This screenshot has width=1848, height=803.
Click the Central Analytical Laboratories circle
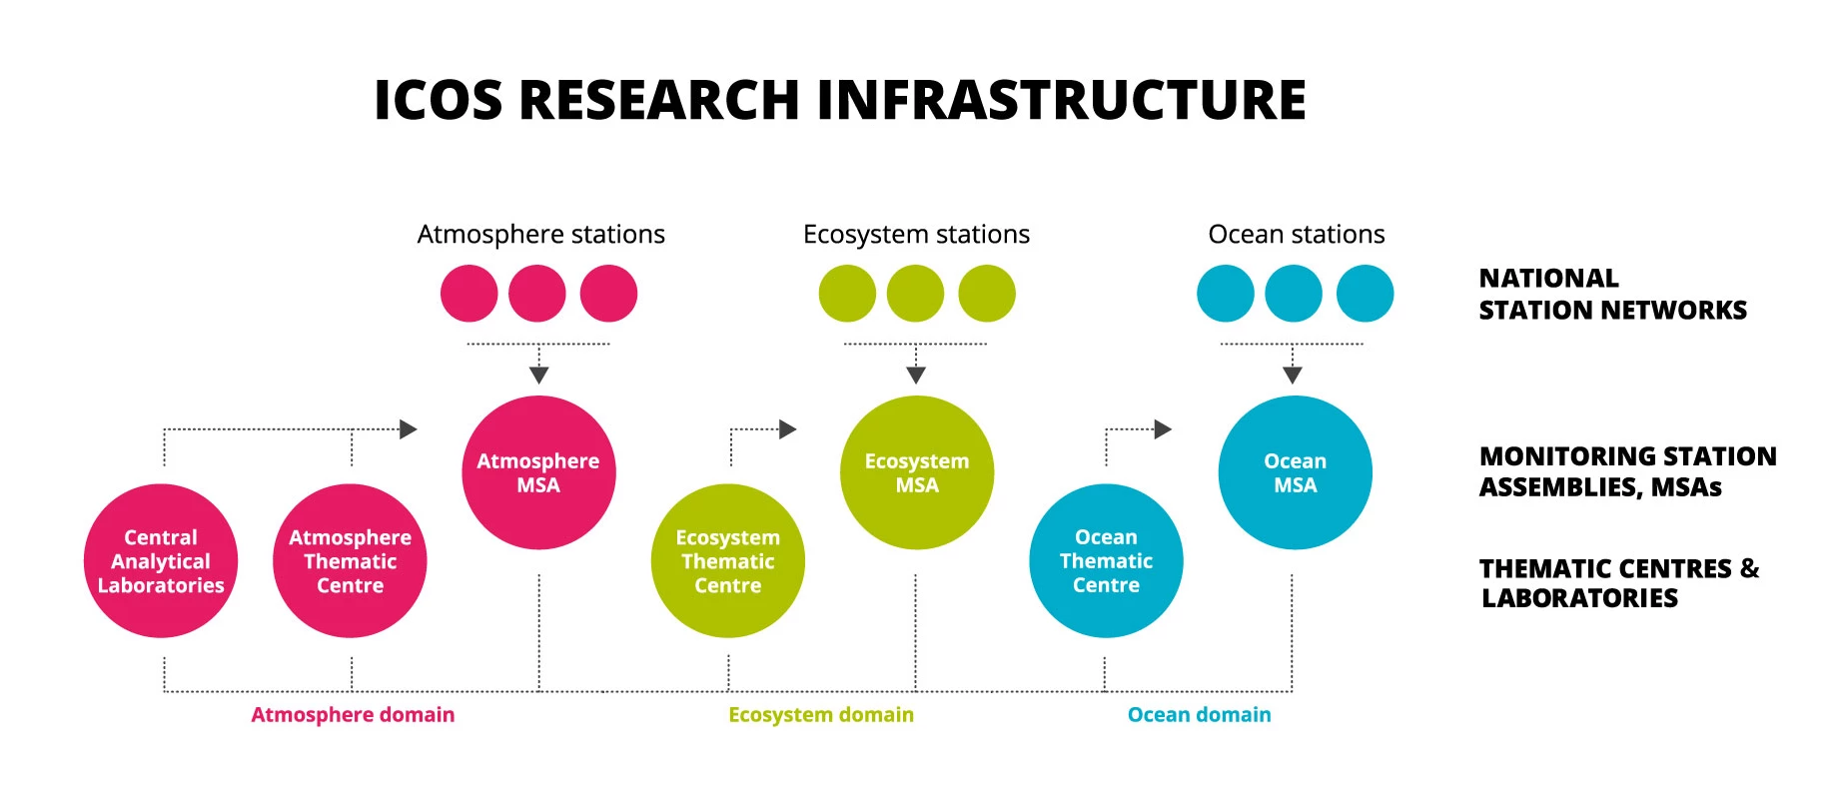[x=161, y=561]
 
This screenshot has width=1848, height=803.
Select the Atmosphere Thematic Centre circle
[x=350, y=561]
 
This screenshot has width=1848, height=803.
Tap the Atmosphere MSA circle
[x=538, y=472]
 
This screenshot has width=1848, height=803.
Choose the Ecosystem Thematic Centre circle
[x=728, y=561]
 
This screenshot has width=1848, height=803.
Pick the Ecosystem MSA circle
[x=917, y=472]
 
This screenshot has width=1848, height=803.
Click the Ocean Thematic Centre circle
[x=1106, y=561]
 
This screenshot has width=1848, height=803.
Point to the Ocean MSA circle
[x=1296, y=472]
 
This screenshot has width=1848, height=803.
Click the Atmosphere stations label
[x=541, y=235]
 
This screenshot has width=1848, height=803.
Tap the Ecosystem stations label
[x=916, y=235]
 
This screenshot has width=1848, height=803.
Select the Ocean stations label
[x=1297, y=235]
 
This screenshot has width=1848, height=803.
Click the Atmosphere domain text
[x=353, y=715]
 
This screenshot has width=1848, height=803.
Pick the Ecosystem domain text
[x=821, y=715]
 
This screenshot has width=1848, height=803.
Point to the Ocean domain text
[x=1200, y=715]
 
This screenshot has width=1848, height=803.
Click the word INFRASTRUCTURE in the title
[x=1062, y=100]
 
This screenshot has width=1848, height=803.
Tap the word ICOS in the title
[x=439, y=100]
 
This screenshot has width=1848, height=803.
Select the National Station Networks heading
[x=1613, y=294]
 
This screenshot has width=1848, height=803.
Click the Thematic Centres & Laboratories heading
[x=1619, y=583]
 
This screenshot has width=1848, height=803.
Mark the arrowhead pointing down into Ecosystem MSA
[x=916, y=376]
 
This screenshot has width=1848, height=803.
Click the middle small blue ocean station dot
[x=1294, y=294]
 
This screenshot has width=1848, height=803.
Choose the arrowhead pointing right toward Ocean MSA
[x=1163, y=429]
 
